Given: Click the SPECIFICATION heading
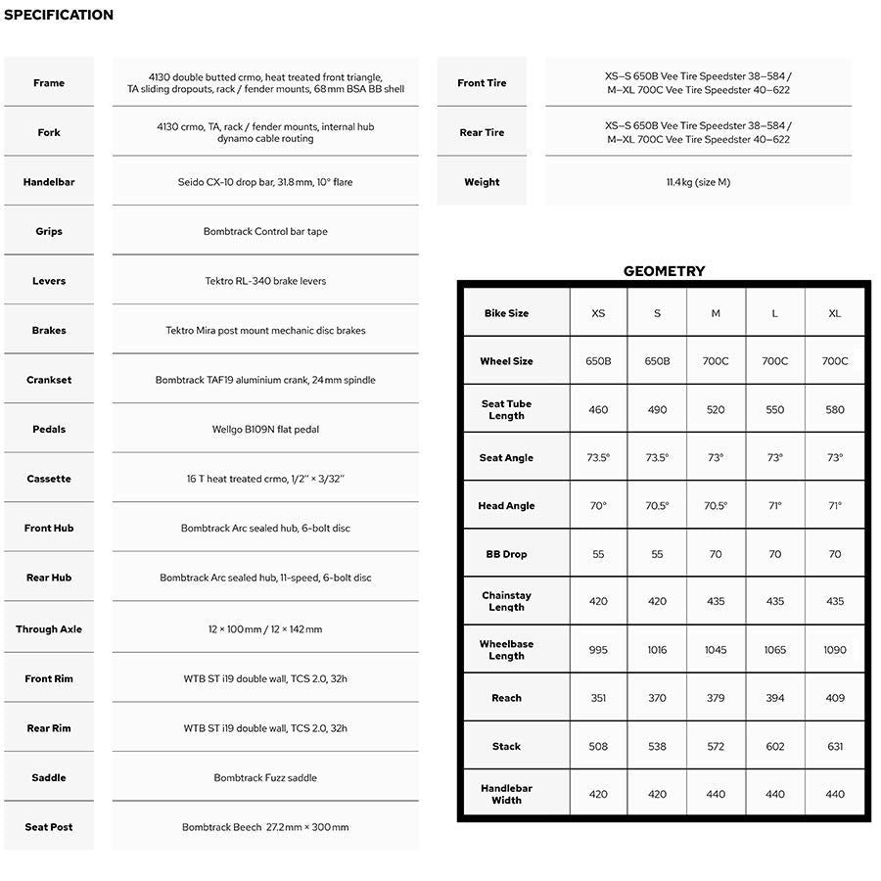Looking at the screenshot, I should pos(59,15).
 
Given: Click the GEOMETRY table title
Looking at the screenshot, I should pos(664,271).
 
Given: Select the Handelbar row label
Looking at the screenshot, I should pos(49,182).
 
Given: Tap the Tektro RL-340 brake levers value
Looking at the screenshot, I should pos(265,281).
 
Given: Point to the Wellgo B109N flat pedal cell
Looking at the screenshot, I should pos(265,429).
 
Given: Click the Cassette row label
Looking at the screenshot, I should pos(49,479).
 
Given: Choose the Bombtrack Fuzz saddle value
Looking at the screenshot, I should pos(265,777).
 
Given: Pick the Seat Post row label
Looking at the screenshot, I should pos(49,827).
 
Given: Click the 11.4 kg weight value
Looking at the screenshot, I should pos(698,182).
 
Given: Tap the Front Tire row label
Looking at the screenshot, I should pos(482,83).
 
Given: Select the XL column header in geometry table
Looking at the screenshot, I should pos(835,313).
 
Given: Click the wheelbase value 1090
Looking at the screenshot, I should pos(835,650).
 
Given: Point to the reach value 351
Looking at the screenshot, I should pos(598,698).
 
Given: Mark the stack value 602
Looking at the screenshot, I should pos(775,746).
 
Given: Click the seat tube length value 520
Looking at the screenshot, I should pos(716,409).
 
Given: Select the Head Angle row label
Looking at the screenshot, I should pos(506,506).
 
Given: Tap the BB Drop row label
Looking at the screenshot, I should pos(506,554).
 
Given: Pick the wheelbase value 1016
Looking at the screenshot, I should pos(657,650).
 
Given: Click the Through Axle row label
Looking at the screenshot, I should pos(49,629).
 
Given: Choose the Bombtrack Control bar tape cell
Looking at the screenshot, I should pos(265,232).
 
